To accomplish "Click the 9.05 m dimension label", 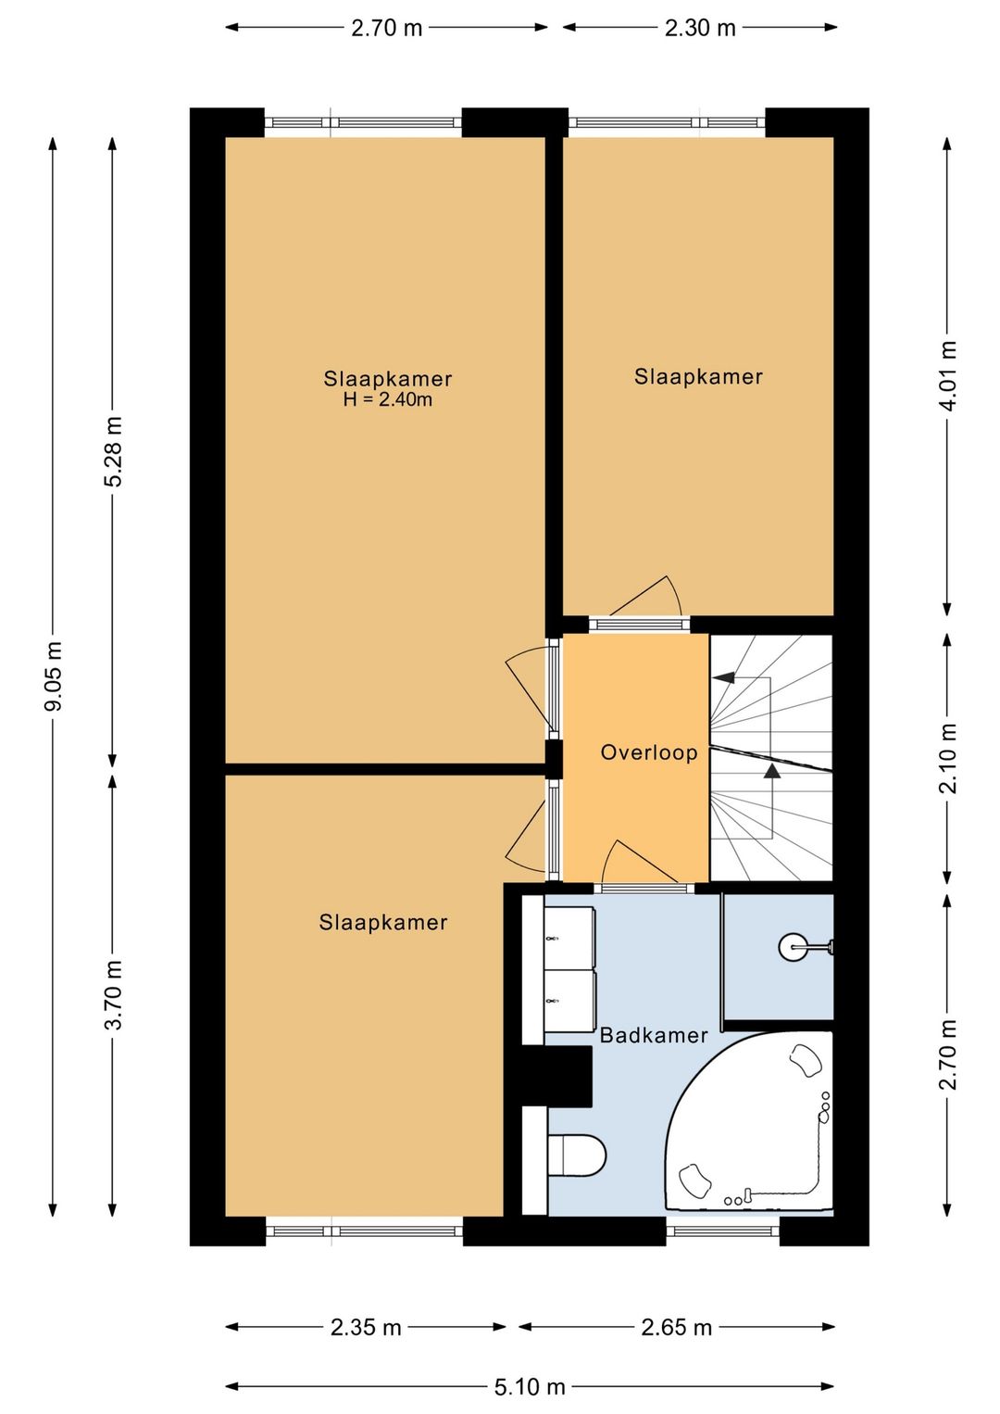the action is [55, 675].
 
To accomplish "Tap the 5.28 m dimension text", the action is [116, 451].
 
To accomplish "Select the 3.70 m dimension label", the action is [116, 995].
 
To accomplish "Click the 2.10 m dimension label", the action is [948, 758].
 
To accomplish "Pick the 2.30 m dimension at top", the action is [700, 29].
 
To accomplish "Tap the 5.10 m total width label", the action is [529, 1387].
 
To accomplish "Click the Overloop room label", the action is [649, 752].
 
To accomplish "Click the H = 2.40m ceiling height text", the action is [388, 399].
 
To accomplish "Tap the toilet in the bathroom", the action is [577, 1155].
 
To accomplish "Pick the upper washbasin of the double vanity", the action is [569, 938].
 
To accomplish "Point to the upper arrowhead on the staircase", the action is [723, 677].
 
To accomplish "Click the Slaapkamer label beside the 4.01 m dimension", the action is [698, 377].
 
